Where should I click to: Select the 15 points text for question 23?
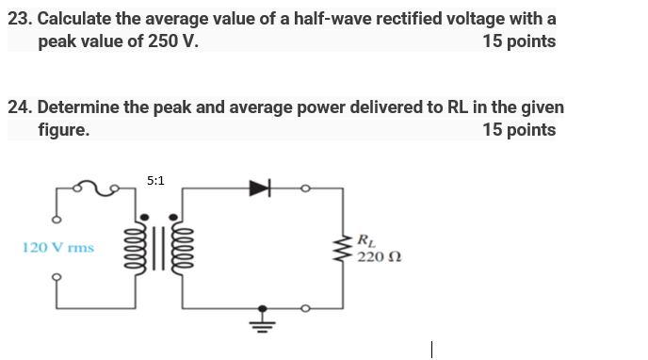[518, 41]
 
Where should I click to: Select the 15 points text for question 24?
[518, 130]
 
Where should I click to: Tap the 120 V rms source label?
[57, 248]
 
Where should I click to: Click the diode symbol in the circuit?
[259, 188]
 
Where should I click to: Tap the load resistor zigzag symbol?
[343, 248]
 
